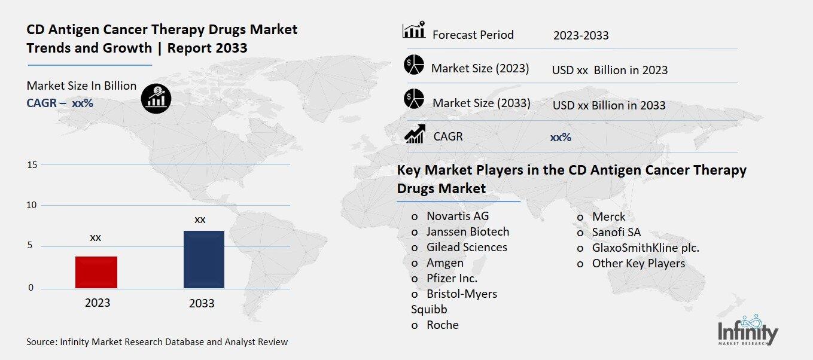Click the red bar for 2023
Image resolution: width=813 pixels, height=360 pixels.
pyautogui.click(x=96, y=272)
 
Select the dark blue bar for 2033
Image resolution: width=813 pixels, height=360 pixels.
pyautogui.click(x=204, y=259)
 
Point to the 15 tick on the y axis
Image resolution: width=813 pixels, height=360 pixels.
pyautogui.click(x=32, y=164)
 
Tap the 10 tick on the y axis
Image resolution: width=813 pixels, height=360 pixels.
pyautogui.click(x=32, y=205)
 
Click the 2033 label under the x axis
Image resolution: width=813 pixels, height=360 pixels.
pyautogui.click(x=202, y=303)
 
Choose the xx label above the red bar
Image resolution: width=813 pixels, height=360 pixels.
pyautogui.click(x=96, y=237)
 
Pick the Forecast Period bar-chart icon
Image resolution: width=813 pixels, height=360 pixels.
pyautogui.click(x=414, y=30)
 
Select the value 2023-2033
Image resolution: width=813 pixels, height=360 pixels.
pyautogui.click(x=581, y=35)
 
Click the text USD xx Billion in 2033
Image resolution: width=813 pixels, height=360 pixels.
pyautogui.click(x=609, y=105)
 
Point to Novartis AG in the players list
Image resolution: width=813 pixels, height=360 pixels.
pyautogui.click(x=458, y=216)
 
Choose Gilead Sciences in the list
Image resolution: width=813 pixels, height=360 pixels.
pyautogui.click(x=467, y=247)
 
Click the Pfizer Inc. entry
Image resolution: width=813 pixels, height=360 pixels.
pyautogui.click(x=452, y=278)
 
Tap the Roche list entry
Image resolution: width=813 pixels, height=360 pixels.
pyautogui.click(x=443, y=325)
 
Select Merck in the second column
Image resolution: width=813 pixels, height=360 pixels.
pyautogui.click(x=608, y=216)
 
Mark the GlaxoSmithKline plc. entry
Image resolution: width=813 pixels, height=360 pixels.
pyautogui.click(x=645, y=248)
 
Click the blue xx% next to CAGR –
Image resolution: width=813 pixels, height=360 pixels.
pyautogui.click(x=83, y=103)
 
